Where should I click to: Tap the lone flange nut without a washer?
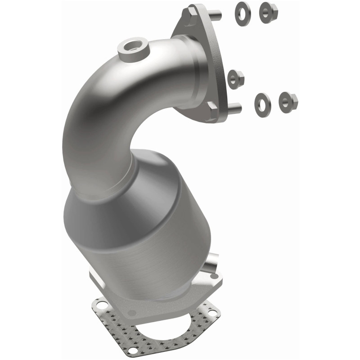(235, 79)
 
